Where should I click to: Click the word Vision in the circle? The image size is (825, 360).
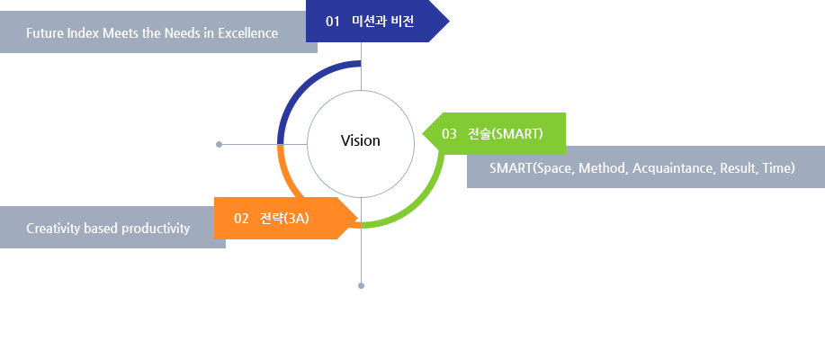(x=360, y=141)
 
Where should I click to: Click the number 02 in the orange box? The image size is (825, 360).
(x=241, y=219)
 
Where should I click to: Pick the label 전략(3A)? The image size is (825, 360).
(x=284, y=219)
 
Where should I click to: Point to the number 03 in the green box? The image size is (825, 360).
(x=449, y=134)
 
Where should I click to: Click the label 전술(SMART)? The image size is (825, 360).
(x=505, y=134)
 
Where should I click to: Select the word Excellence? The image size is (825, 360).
(x=247, y=33)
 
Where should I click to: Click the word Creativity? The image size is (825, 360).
(x=53, y=229)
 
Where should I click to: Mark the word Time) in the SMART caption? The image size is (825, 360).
(x=778, y=168)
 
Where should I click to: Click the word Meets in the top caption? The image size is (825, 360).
(x=121, y=33)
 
